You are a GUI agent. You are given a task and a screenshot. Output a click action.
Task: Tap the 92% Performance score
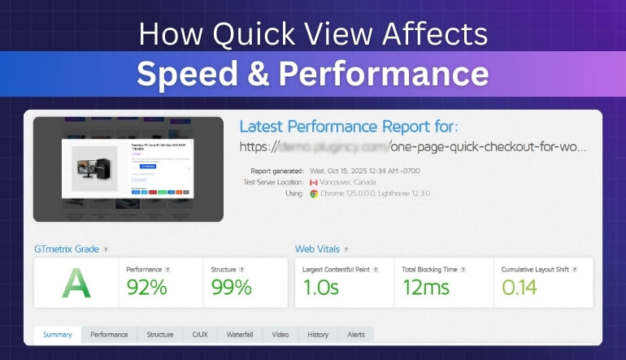tap(146, 287)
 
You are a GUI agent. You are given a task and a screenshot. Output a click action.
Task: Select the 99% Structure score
tap(231, 287)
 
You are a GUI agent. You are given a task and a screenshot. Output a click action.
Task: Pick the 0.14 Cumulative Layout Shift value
tap(519, 287)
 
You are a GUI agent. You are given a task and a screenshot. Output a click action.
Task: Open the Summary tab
tap(58, 334)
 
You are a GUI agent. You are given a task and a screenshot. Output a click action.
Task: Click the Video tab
tap(280, 334)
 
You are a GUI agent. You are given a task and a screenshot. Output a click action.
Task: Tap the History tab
tap(318, 334)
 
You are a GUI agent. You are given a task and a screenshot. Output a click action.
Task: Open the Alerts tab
tap(356, 334)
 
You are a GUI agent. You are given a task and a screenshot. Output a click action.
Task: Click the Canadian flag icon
tap(314, 183)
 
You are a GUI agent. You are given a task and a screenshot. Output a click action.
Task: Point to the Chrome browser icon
tap(314, 194)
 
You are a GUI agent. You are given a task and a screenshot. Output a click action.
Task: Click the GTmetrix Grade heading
tap(67, 249)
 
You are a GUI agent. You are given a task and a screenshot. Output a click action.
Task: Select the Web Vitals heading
tap(318, 249)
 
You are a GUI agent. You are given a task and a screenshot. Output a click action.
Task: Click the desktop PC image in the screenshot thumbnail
tap(89, 167)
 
